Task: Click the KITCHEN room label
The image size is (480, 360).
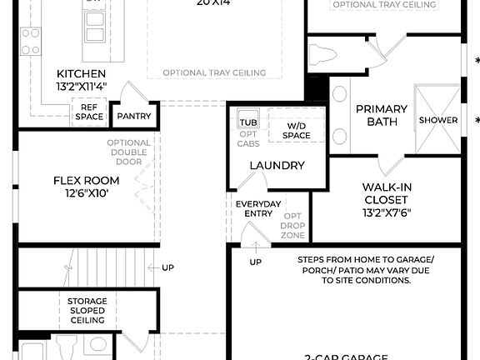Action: point(81,73)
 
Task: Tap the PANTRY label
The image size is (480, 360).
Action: point(133,117)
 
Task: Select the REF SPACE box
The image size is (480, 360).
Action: point(89,111)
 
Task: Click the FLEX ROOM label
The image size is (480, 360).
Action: point(81,180)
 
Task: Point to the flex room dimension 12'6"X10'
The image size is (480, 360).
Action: point(81,193)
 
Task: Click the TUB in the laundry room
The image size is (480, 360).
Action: point(247,120)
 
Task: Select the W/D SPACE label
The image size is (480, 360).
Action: point(296,131)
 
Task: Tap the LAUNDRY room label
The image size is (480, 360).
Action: point(277,166)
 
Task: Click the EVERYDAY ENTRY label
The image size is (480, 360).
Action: point(253,208)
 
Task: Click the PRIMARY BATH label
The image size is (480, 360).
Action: point(382,115)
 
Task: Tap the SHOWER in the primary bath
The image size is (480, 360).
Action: point(438,120)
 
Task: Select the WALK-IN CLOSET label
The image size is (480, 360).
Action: point(385,193)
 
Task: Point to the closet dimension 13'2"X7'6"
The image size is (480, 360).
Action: point(385,212)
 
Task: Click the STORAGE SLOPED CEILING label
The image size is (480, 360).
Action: point(87,310)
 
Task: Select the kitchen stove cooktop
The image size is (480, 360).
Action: point(31,39)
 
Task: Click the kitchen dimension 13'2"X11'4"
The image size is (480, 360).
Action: point(81,86)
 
